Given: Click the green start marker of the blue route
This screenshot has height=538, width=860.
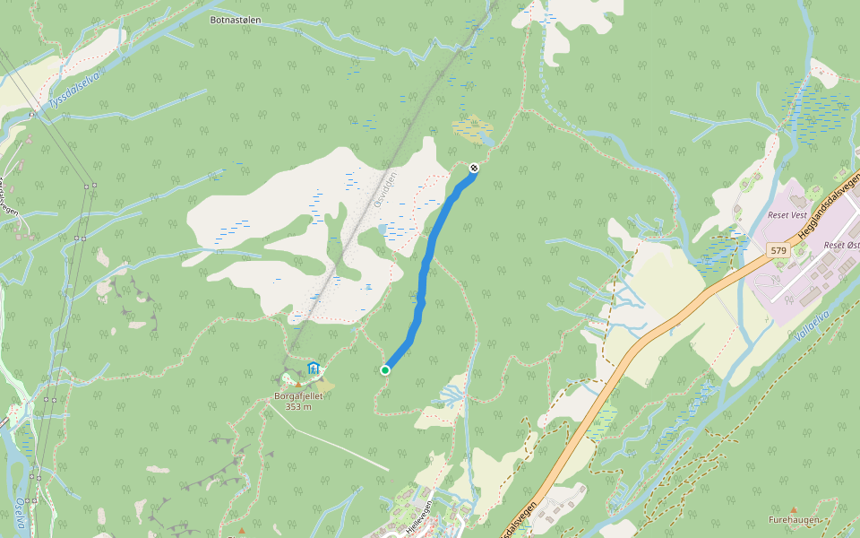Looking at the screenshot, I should tap(385, 369).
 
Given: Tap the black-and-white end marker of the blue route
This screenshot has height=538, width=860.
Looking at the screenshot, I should tap(474, 168).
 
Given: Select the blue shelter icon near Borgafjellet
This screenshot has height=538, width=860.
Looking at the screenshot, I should tap(314, 368).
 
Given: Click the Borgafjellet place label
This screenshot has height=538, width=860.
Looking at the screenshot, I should tap(298, 395).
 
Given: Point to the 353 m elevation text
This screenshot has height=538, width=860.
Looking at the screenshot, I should tap(298, 406).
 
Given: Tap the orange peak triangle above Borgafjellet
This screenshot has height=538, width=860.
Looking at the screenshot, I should tap(298, 384).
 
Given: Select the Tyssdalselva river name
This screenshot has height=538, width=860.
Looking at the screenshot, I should tap(75, 91).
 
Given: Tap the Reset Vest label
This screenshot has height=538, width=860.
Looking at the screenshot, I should tap(787, 215).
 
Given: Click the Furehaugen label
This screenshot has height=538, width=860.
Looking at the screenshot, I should tap(793, 520).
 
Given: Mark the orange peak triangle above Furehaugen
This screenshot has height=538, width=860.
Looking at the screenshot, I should tap(793, 509).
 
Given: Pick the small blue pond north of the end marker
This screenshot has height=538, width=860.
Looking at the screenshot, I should tap(486, 141).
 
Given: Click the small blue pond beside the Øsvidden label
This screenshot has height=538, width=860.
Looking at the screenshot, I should tap(383, 230).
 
